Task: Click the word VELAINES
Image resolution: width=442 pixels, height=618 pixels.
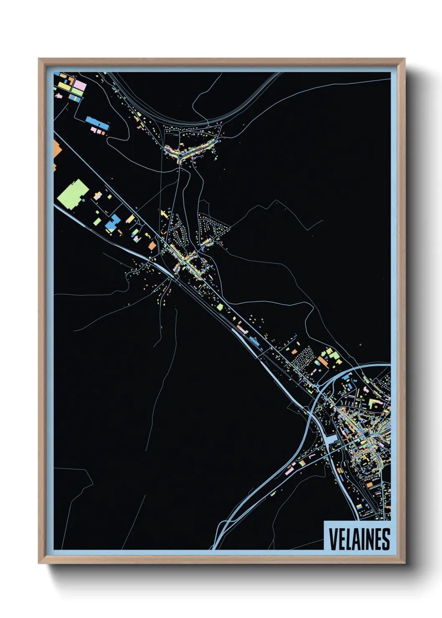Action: tap(359, 539)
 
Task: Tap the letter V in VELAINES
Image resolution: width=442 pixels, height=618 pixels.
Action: tap(333, 539)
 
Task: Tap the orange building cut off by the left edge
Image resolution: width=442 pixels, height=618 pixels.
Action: tap(57, 149)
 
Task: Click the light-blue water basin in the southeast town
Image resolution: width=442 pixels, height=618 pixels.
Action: tap(331, 440)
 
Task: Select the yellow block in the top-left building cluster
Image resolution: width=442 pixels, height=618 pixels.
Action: tap(64, 86)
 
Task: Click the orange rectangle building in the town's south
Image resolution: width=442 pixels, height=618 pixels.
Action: tap(369, 484)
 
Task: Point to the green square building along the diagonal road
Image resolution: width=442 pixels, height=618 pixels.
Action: tap(220, 307)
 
